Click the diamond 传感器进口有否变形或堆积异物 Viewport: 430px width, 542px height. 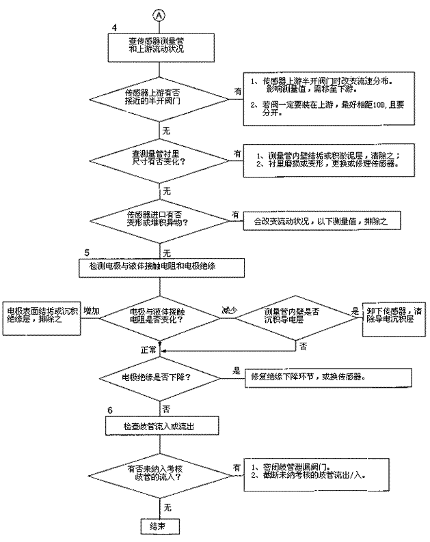(x=159, y=220)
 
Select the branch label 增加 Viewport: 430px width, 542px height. (x=92, y=310)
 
